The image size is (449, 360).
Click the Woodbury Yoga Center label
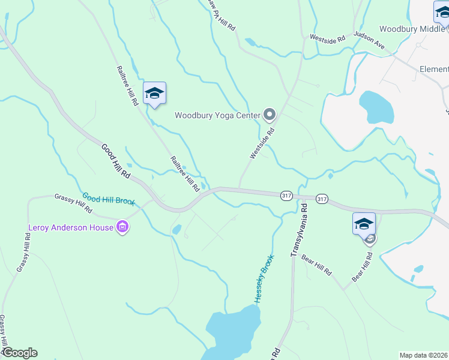pos(217,115)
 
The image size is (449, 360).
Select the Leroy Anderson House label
pos(71,227)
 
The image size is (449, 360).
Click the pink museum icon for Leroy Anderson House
pos(123,227)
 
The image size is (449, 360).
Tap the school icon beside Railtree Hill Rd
pos(154,93)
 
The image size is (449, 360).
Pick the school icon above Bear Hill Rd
pos(364,224)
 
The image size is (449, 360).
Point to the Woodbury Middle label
pos(414,29)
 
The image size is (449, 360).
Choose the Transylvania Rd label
pos(299,230)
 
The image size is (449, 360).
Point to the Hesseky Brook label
pos(263,281)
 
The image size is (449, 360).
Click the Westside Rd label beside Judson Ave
pos(327,38)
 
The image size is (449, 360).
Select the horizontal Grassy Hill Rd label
pos(73,203)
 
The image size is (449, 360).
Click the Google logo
pos(20,353)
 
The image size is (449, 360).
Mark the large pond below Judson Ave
pos(376,107)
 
